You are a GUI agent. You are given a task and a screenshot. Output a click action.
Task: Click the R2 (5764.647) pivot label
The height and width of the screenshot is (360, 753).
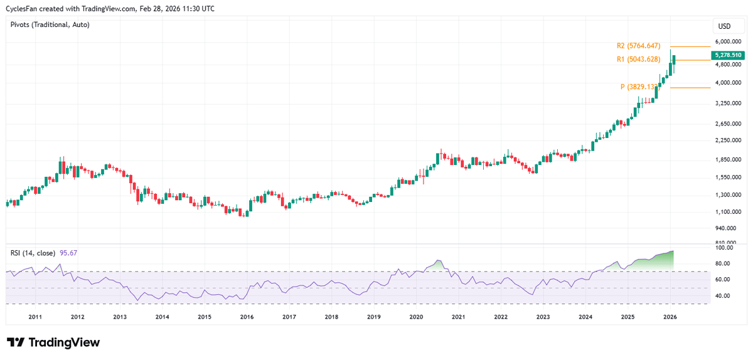point(638,46)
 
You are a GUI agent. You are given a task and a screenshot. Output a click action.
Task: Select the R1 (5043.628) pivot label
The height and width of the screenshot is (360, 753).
point(638,60)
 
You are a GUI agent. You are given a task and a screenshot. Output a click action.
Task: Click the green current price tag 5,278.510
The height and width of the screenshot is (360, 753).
point(727,55)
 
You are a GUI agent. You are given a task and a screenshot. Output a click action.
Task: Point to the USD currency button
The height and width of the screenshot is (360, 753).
point(724,26)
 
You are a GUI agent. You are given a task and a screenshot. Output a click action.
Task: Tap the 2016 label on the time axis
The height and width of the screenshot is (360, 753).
point(247,317)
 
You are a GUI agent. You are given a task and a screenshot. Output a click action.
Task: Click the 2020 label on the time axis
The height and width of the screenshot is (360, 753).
point(416,317)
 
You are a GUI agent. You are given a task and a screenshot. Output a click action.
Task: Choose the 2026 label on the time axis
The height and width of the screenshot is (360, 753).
point(670,317)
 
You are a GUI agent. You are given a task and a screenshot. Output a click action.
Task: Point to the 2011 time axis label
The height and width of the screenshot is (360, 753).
point(35,317)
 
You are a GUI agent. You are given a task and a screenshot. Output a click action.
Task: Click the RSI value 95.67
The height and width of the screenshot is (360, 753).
point(68,253)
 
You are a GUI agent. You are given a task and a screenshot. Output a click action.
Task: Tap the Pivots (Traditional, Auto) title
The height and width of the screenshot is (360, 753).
point(50,24)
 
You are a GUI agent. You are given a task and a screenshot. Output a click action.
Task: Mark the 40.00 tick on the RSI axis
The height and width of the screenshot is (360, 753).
point(725,295)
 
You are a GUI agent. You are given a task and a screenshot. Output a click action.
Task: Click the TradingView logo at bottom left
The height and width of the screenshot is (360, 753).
point(53,342)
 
